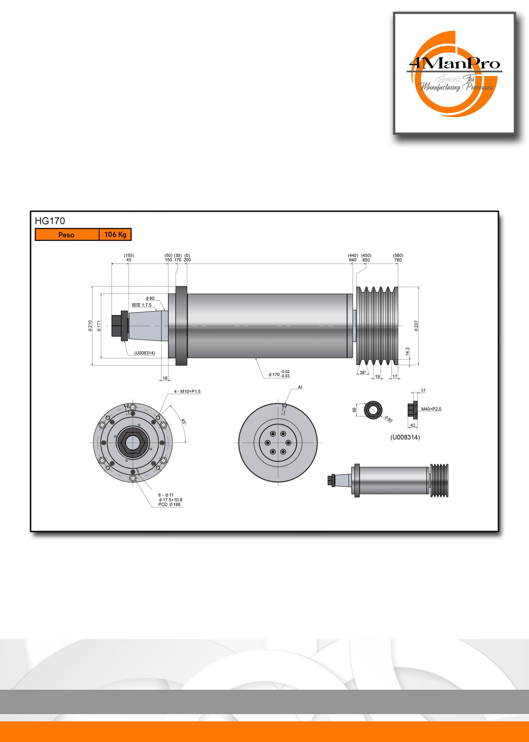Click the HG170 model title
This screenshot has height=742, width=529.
tap(50, 221)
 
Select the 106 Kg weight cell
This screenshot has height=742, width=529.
tap(115, 234)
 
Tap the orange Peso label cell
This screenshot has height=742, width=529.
tap(67, 234)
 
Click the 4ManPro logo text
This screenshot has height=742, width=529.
tap(454, 63)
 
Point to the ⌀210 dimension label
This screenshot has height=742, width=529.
tap(90, 326)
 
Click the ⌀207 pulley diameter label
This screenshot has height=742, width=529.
tap(416, 326)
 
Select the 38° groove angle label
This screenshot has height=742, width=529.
tap(363, 372)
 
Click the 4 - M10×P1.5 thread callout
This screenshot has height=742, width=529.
tap(187, 391)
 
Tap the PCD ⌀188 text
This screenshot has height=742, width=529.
tap(169, 505)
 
